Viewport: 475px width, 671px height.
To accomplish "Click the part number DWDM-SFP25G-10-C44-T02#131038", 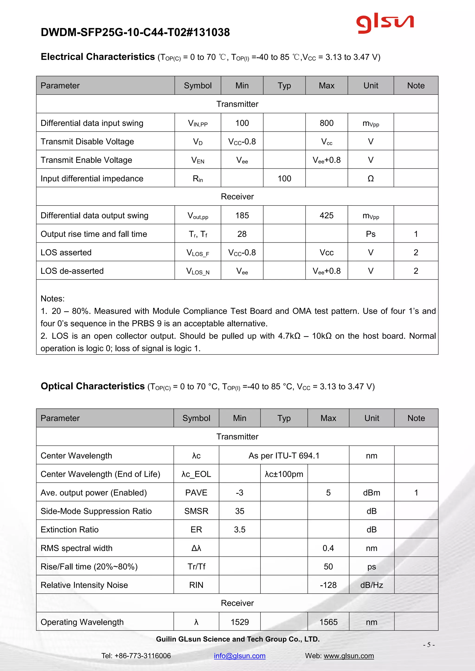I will tap(135, 32).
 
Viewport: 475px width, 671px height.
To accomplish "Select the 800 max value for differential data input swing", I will tap(326, 123).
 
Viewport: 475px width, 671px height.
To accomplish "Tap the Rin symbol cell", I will tap(198, 179).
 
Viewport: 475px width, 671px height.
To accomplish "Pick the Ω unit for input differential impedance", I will tap(371, 179).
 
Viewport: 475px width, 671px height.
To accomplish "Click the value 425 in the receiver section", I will tap(326, 215).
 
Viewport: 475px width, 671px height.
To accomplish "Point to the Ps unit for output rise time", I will tap(371, 234).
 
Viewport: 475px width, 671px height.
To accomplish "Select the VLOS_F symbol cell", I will tap(198, 253).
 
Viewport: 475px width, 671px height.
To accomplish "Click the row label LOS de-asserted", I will tap(72, 271).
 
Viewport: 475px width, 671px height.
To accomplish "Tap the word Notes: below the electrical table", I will tap(53, 299).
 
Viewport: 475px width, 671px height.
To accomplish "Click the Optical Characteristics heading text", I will tap(93, 386).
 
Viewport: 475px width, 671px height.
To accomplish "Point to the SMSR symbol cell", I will tap(196, 511).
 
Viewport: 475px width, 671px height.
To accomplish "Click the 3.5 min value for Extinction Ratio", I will tap(240, 530).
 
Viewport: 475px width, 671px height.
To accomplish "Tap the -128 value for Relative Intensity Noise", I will tap(328, 585).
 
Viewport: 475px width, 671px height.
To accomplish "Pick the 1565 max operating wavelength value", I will tap(328, 622).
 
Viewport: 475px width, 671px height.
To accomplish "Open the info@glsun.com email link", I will tap(240, 655).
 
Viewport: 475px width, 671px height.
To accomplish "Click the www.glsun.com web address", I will tap(349, 655).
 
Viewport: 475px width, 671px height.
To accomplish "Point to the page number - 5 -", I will tap(429, 644).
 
